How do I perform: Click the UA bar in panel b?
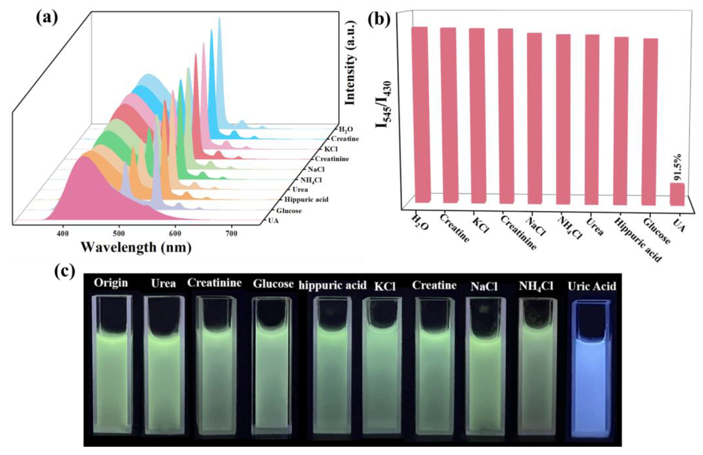click(677, 194)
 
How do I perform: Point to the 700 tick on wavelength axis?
click(231, 234)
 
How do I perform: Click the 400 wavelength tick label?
click(63, 234)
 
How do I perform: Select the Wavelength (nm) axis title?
click(136, 247)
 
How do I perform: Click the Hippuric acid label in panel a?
click(306, 199)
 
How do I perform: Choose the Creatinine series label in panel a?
click(332, 159)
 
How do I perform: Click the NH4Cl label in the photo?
click(536, 286)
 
